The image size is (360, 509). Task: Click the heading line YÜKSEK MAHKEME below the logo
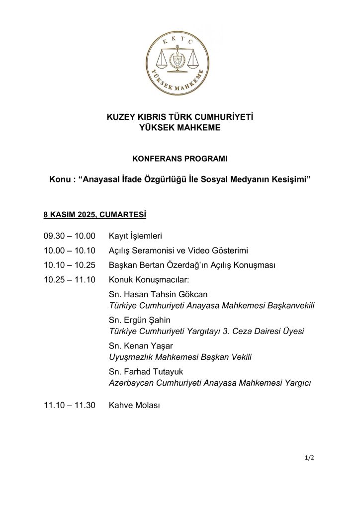click(x=180, y=128)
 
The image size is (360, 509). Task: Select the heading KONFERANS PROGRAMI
click(x=180, y=159)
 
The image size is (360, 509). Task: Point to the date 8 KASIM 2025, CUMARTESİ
click(x=94, y=215)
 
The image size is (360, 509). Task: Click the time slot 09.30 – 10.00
click(x=69, y=236)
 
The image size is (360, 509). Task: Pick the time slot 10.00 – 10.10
click(x=69, y=251)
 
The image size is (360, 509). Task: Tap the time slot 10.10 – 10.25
click(x=69, y=265)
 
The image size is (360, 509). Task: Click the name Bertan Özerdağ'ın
click(x=169, y=265)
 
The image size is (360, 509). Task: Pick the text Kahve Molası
click(x=134, y=406)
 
